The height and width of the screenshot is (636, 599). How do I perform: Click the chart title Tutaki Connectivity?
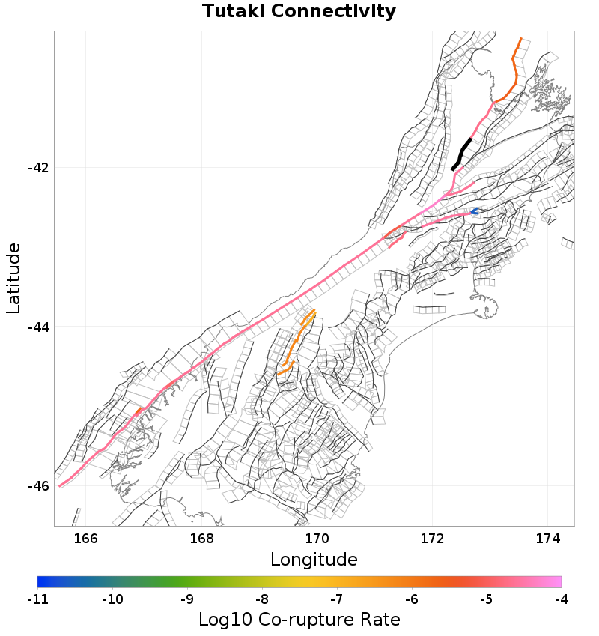point(299,12)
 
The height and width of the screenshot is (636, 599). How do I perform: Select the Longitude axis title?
point(314,560)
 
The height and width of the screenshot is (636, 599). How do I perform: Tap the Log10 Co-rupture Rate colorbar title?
point(299,620)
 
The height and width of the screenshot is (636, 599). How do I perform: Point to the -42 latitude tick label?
point(38,167)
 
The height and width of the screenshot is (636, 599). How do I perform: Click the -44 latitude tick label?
point(38,327)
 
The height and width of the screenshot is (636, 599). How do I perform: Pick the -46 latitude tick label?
point(38,486)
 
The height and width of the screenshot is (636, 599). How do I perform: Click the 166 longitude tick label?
point(86,539)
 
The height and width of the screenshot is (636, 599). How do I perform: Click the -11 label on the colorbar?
point(37,599)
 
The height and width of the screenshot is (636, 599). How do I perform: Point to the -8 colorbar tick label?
point(262,599)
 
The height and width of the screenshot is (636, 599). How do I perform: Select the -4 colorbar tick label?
point(562,599)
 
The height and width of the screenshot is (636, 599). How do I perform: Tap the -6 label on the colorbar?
point(412,599)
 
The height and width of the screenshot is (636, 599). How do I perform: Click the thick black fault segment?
point(462,153)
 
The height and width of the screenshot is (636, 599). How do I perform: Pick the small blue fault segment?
point(475,211)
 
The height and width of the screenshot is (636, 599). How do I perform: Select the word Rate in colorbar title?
point(378,620)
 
